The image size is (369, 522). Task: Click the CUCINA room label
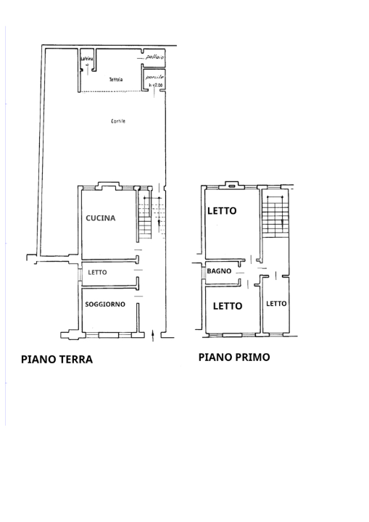click(100, 217)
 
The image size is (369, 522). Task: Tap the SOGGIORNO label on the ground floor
click(106, 304)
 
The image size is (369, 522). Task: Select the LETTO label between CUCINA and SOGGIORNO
click(97, 273)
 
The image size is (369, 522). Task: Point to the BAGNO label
click(218, 271)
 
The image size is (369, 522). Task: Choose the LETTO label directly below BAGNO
click(227, 306)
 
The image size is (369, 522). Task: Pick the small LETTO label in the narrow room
click(276, 303)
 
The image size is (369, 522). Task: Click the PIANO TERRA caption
click(57, 359)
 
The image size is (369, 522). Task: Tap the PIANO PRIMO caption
click(234, 357)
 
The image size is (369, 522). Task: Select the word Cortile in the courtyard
click(118, 121)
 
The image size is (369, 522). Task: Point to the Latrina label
click(87, 59)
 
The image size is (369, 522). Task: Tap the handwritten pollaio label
click(154, 57)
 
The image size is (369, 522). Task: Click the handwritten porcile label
click(154, 77)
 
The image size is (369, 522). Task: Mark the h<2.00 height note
click(157, 86)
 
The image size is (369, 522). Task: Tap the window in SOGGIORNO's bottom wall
click(107, 334)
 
